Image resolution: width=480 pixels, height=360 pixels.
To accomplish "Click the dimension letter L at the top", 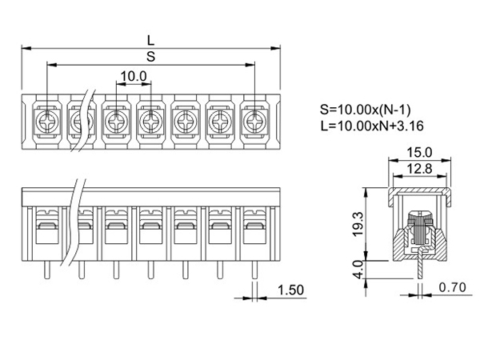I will point(150,38).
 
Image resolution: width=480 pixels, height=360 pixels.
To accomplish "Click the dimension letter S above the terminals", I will point(150,56).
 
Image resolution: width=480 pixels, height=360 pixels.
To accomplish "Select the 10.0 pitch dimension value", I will point(134,77).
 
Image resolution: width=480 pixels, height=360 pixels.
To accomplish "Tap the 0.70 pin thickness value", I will point(453,286).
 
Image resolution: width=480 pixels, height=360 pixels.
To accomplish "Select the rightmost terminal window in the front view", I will point(255,233).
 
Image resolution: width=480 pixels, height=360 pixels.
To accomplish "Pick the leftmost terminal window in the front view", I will point(46,233).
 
